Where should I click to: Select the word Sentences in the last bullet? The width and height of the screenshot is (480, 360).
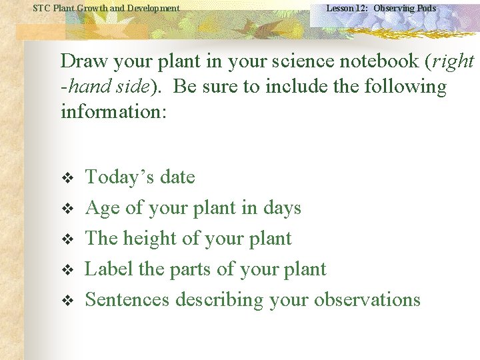[127, 299]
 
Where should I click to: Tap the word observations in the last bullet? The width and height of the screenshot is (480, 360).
[367, 299]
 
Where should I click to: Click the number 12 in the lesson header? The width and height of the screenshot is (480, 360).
[361, 8]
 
